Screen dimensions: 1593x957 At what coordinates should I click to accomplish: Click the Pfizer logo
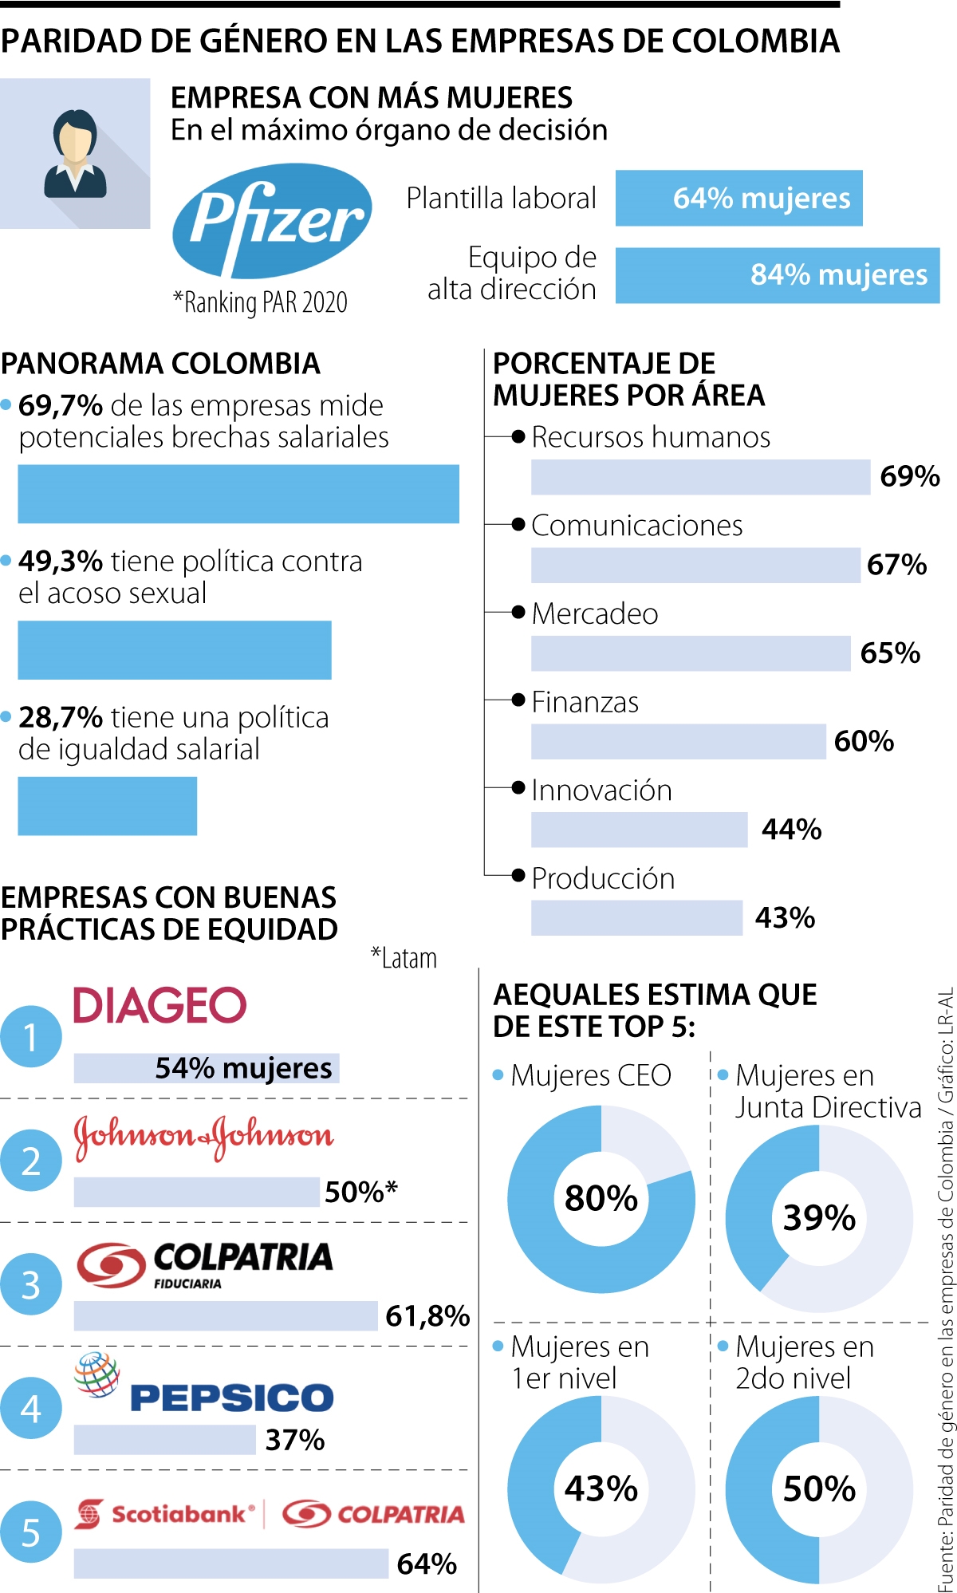[x=272, y=221]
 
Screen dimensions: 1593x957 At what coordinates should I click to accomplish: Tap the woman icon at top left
[x=75, y=154]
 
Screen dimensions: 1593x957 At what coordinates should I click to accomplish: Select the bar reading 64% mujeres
[x=738, y=198]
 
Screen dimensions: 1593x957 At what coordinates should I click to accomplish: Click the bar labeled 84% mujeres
[x=778, y=275]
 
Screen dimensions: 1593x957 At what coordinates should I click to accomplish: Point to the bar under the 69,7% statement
[x=238, y=494]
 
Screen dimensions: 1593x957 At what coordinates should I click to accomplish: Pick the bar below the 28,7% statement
[x=108, y=806]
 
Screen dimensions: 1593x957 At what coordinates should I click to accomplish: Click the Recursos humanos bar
[x=700, y=477]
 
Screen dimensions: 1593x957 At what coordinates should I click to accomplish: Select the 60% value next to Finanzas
[x=864, y=741]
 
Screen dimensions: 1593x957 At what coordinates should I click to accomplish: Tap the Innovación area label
[x=601, y=790]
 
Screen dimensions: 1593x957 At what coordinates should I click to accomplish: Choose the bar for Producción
[x=636, y=917]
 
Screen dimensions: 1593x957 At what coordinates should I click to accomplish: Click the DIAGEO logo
[x=159, y=1005]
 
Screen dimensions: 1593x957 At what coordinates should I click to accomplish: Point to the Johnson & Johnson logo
[x=203, y=1137]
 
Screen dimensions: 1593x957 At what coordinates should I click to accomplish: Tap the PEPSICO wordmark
[x=231, y=1398]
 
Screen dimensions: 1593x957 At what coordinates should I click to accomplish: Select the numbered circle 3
[x=30, y=1284]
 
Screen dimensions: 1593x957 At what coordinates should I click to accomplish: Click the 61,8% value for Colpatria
[x=427, y=1315]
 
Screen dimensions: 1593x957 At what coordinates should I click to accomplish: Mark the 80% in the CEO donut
[x=601, y=1198]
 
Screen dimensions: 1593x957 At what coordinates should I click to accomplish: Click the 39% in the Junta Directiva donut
[x=819, y=1217]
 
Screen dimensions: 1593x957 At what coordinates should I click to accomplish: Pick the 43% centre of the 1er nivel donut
[x=601, y=1489]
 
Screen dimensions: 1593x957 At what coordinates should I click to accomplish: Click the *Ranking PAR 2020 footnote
[x=261, y=303]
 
